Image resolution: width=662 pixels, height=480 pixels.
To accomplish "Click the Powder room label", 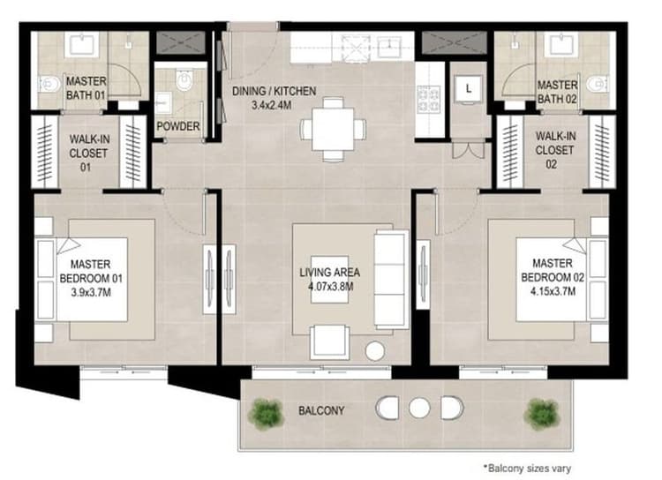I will pos(177,126).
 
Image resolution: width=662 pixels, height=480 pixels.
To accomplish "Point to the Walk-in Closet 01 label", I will pos(87,150).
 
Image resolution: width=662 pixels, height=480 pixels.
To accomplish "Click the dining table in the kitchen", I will pos(332,129).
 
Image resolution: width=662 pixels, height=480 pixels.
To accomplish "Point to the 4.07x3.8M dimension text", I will pos(329,286).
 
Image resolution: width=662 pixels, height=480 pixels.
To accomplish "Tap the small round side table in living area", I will pos(375,351).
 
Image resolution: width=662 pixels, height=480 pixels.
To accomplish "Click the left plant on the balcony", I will pos(265,410).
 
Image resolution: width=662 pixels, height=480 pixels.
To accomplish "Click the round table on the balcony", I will pos(419,409).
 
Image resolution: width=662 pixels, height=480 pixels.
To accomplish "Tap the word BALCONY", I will pos(320,411).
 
